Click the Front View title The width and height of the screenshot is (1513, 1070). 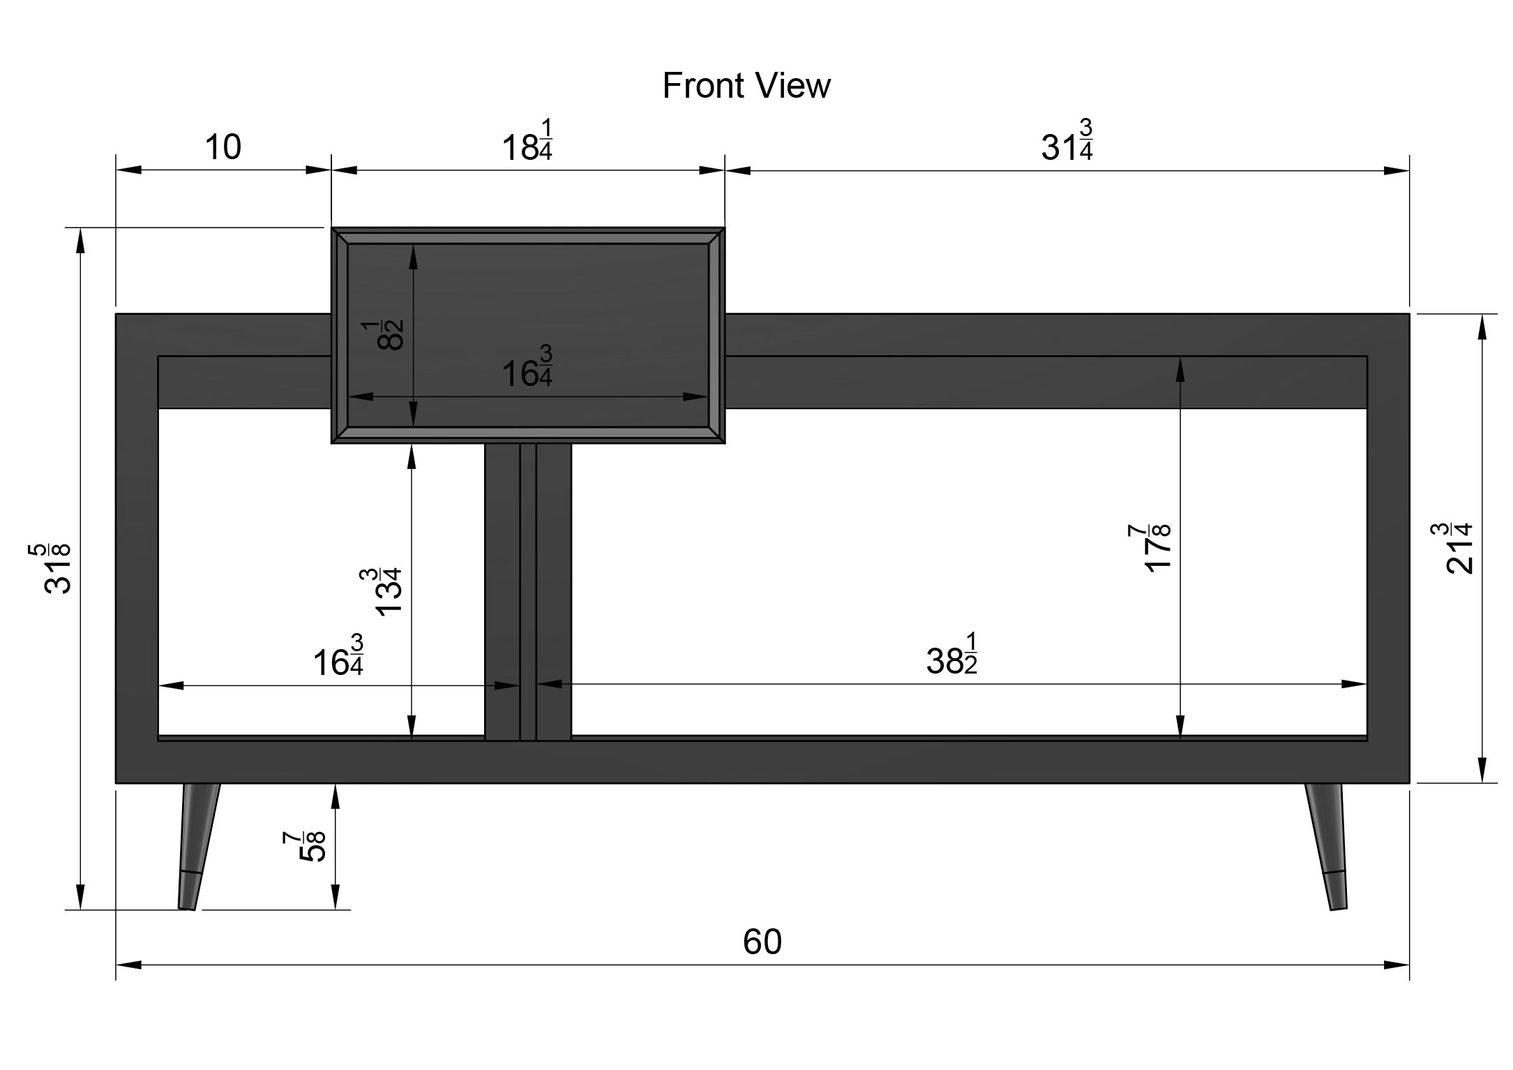pos(746,86)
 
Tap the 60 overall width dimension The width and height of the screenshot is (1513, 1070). pos(762,942)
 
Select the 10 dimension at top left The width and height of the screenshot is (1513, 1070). pos(223,147)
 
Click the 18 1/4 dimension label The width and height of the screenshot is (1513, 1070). pos(527,141)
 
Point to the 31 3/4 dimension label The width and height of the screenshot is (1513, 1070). pos(1067,141)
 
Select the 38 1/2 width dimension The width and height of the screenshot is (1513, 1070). pos(952,654)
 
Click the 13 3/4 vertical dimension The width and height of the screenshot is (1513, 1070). pos(382,591)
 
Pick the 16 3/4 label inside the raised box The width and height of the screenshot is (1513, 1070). pos(527,366)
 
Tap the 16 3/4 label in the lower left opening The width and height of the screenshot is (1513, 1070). pos(338,655)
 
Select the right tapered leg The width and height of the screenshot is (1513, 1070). pos(1327,846)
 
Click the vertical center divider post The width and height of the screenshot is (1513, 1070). pos(528,592)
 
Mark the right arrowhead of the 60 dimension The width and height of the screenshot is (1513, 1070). pos(1397,965)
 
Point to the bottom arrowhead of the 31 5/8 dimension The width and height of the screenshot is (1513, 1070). pos(81,897)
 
